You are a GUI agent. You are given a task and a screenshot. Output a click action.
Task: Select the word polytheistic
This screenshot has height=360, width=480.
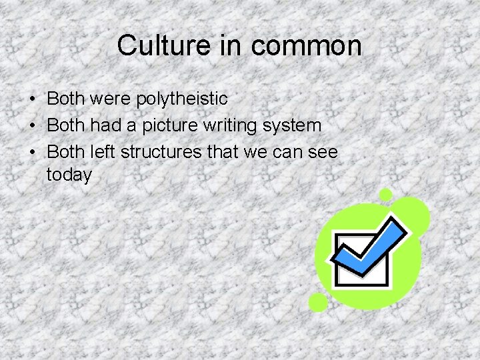tap(181, 99)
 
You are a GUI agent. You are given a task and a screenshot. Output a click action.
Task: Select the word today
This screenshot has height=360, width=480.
tap(69, 176)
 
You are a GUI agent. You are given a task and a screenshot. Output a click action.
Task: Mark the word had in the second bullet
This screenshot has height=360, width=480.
tap(103, 125)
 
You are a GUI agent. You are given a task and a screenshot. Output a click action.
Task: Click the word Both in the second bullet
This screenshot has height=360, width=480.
tap(66, 125)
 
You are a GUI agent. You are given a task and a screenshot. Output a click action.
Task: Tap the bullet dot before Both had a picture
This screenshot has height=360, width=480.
tap(33, 126)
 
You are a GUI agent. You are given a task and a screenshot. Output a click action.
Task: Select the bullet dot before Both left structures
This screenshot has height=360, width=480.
tap(33, 153)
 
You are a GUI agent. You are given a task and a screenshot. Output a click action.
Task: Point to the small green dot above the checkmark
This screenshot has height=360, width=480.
tap(385, 195)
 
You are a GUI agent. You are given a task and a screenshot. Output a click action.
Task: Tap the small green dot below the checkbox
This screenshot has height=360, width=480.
tap(318, 303)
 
